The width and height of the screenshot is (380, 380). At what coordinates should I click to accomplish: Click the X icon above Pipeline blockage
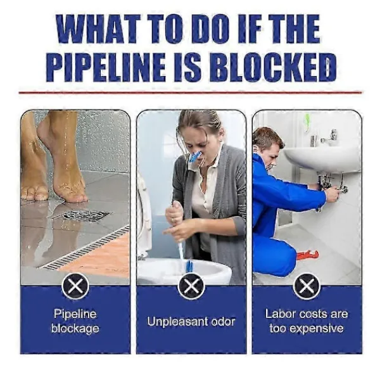[x=75, y=286]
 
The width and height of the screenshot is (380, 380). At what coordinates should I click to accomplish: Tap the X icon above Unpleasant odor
[x=191, y=286]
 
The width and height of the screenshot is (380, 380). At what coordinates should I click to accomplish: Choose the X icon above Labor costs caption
[x=307, y=286]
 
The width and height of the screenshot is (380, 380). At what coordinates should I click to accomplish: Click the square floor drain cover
[x=82, y=215]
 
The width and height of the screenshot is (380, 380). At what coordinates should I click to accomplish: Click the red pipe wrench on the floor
[x=307, y=255]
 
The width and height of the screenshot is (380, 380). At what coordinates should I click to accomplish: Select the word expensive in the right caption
[x=317, y=329]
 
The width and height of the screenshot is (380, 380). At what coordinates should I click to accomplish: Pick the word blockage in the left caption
[x=75, y=329]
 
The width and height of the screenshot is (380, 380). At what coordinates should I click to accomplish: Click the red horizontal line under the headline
[x=191, y=92]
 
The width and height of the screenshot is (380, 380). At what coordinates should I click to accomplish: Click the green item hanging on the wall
[x=307, y=122]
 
